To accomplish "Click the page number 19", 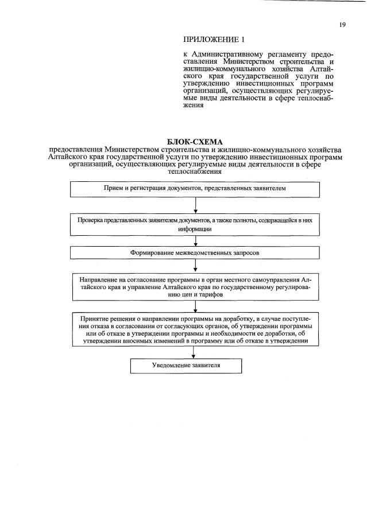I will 342,25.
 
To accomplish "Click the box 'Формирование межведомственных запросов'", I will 196,252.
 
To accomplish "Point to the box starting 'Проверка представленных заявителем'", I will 195,224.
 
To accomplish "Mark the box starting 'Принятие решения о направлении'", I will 195,330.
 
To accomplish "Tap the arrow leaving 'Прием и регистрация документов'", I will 196,204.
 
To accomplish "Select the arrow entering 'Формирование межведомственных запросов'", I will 196,242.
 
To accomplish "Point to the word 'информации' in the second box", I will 195,228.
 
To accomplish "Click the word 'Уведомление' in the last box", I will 171,365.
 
